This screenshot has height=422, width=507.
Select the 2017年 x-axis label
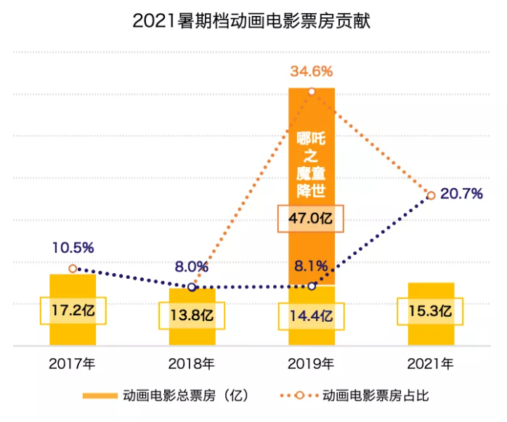73,362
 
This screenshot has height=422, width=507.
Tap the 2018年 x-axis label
192,362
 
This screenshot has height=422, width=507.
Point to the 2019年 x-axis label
312,362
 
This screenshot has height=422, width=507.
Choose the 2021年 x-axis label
431,362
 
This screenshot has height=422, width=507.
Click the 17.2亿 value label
73,312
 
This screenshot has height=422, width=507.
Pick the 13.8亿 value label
192,316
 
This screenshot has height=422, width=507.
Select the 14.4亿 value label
312,316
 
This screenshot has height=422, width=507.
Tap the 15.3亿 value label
431,312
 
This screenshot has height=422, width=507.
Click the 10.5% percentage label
73,248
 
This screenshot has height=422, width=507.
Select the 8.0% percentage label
192,267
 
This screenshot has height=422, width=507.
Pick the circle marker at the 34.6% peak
312,92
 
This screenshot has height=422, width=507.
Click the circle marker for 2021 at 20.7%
431,195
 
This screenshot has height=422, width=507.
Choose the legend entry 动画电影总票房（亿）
167,396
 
